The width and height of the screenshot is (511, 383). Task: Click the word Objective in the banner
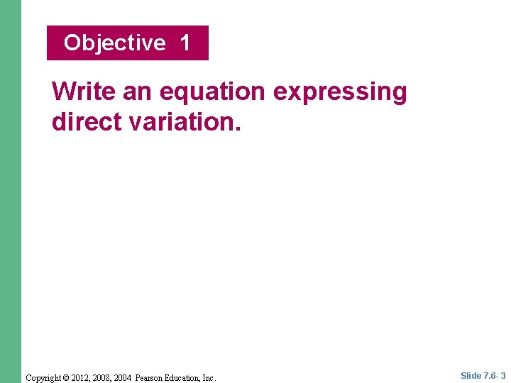(114, 43)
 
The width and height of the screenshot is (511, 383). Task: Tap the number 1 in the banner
(185, 43)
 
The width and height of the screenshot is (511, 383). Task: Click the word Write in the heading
(84, 91)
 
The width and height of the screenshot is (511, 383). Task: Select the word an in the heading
(138, 91)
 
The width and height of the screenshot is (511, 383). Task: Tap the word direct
(86, 121)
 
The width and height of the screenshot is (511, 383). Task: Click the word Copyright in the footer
(44, 378)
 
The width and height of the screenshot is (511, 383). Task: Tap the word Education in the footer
(187, 378)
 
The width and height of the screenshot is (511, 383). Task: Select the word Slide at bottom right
(471, 376)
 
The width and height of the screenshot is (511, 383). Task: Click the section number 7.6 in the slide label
(490, 376)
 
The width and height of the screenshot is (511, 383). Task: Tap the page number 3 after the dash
(503, 376)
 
